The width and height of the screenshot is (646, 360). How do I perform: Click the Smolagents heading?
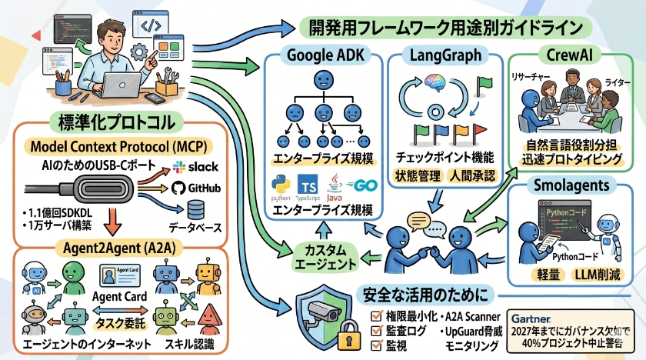[575, 185]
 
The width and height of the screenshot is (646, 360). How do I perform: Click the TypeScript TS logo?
[308, 186]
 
